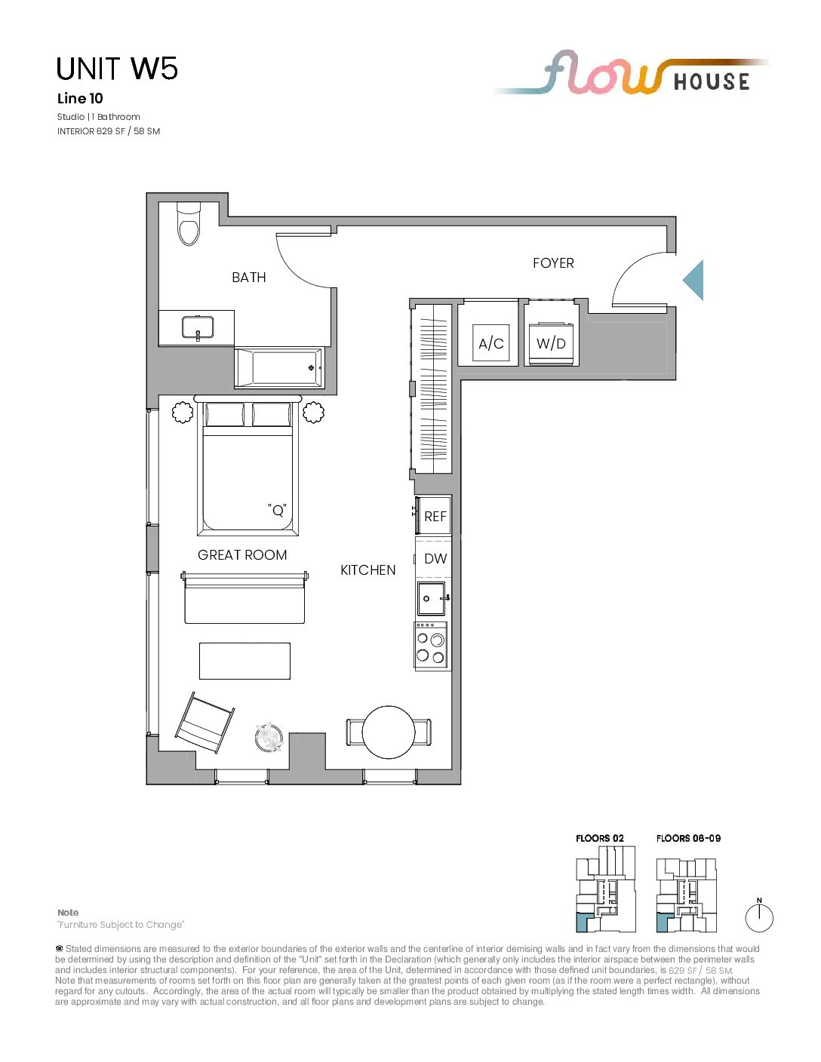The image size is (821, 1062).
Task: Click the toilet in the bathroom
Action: (x=189, y=224)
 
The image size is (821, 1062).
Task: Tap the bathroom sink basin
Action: (x=198, y=327)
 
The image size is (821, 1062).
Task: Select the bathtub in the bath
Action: (x=278, y=368)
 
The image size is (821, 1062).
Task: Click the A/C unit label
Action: (x=491, y=343)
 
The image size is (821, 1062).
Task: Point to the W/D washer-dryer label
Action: (x=551, y=343)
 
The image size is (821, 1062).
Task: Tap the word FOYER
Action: (x=553, y=263)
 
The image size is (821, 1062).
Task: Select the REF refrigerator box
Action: (x=433, y=515)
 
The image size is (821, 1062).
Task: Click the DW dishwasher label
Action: (x=435, y=558)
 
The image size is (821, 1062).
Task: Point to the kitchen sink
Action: (x=432, y=598)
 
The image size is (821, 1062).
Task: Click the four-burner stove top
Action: (x=431, y=645)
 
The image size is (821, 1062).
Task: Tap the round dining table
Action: (x=389, y=732)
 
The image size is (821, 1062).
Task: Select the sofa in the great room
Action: (x=244, y=597)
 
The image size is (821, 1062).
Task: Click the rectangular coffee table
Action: (x=244, y=661)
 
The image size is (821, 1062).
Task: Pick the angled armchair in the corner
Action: (x=204, y=722)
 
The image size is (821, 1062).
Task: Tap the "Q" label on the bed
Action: (x=277, y=510)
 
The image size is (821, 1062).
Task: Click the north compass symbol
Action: (x=759, y=917)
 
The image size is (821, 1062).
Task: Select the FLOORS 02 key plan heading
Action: (x=599, y=838)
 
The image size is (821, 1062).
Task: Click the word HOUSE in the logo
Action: (x=711, y=81)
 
